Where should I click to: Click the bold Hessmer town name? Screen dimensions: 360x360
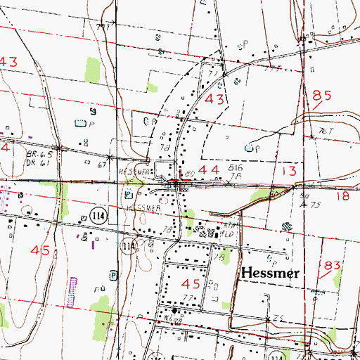pos(271,271)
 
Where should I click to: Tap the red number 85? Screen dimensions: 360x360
pos(322,95)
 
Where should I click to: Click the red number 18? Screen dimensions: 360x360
pos(342,198)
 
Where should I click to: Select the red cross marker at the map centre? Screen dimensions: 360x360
pos(181,185)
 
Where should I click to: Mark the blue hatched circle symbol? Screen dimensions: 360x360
pos(287,226)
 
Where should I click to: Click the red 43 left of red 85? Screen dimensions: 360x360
pos(214,100)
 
